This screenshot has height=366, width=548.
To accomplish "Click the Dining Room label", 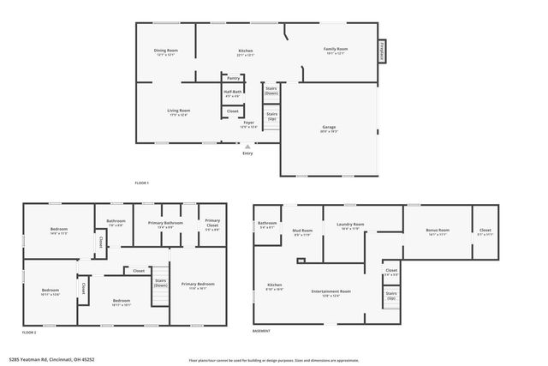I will point(166,51).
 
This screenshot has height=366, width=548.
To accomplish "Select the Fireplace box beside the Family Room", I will point(382,52).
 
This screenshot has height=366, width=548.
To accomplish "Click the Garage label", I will point(328,129).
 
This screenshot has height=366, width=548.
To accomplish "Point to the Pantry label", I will point(233,78).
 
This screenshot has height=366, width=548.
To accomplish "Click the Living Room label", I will point(178,111).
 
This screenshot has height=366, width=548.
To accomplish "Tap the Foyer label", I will point(248,123).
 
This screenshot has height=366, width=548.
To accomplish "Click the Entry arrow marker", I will point(247,147).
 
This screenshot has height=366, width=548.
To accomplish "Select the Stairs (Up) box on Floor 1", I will point(271,116).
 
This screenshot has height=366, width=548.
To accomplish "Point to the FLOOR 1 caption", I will point(142,183).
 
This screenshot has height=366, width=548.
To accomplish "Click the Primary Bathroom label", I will point(165,225).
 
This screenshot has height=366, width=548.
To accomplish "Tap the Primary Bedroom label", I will point(198,285).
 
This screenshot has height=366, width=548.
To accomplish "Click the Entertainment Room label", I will point(331,291).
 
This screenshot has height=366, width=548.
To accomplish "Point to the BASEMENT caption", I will point(261,331).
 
